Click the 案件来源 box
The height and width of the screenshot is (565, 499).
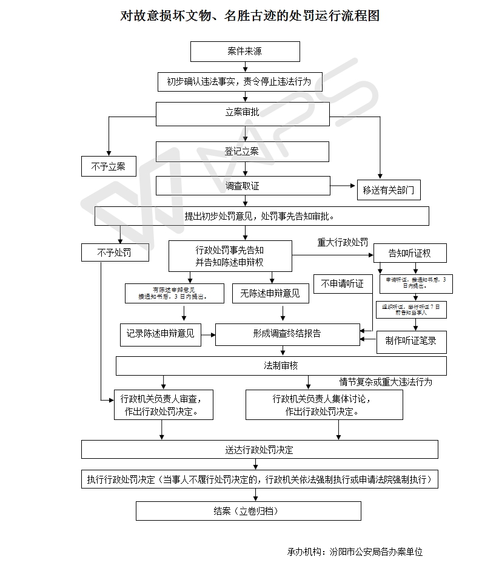(245, 52)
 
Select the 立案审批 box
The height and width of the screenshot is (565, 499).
(243, 113)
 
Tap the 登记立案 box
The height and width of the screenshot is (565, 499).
(243, 152)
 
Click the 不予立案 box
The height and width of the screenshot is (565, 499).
(109, 166)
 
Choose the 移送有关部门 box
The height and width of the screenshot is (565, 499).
(389, 190)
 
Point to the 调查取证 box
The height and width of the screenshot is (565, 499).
(243, 186)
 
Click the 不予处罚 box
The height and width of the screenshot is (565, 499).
(115, 252)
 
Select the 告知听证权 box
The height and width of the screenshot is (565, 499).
(410, 253)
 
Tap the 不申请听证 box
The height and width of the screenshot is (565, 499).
(343, 284)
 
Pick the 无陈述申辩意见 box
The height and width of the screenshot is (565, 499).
(270, 294)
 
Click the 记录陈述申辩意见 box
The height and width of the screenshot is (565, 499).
(161, 333)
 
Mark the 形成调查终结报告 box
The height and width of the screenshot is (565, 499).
(287, 334)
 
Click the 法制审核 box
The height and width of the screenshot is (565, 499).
(281, 366)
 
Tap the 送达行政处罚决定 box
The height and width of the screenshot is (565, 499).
(260, 450)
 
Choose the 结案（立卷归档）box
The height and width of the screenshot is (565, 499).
(248, 511)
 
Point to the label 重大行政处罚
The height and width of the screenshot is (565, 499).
(343, 242)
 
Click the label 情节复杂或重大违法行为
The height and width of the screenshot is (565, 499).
(386, 382)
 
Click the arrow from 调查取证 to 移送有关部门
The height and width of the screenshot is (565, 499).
(343, 186)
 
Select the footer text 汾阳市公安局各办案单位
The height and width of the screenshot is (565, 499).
(376, 552)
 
